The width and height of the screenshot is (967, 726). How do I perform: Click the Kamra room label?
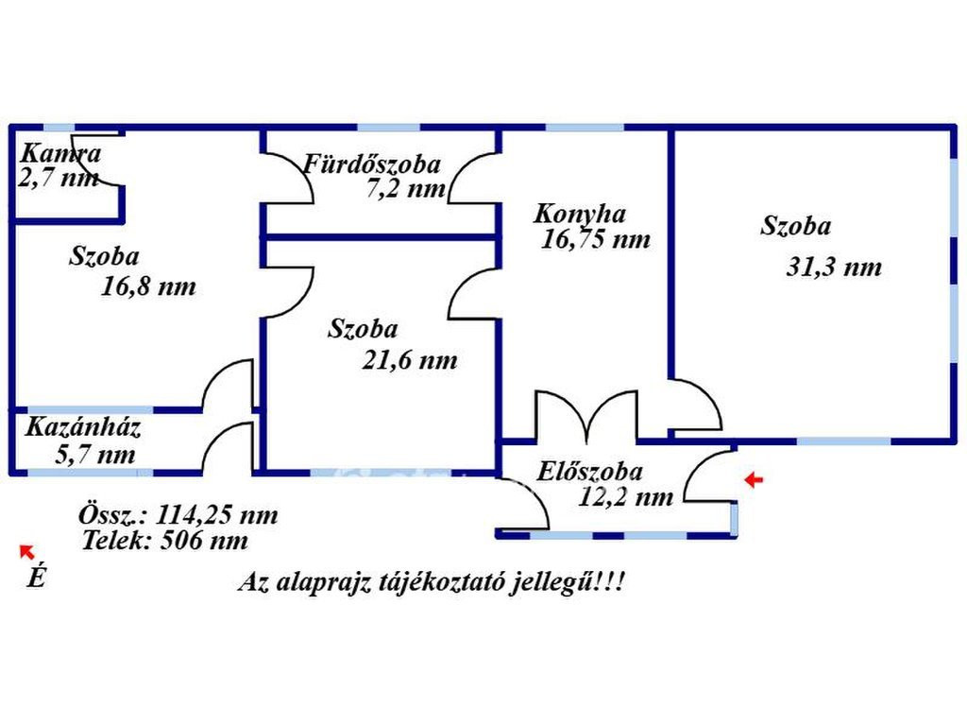(60, 154)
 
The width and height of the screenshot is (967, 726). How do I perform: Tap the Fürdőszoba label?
(372, 164)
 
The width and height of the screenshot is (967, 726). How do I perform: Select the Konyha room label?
(580, 215)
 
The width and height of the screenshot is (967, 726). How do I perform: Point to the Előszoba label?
(589, 472)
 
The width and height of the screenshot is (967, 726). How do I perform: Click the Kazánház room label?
(83, 427)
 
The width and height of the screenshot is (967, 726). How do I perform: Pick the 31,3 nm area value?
(834, 268)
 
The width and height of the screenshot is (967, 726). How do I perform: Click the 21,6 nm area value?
(410, 360)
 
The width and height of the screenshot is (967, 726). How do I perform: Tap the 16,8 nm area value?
(148, 286)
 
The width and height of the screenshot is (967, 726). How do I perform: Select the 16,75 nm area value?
(595, 239)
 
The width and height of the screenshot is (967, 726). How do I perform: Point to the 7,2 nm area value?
(406, 188)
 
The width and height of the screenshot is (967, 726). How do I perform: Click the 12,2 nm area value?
(625, 497)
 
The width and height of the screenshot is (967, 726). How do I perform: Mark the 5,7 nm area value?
(95, 455)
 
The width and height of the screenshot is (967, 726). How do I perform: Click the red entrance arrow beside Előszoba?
(754, 479)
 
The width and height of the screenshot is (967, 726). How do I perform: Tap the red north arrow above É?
(26, 552)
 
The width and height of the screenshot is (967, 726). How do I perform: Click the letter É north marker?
(37, 577)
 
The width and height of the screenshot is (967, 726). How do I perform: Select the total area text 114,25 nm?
(216, 515)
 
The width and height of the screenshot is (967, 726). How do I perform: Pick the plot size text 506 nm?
(204, 541)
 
